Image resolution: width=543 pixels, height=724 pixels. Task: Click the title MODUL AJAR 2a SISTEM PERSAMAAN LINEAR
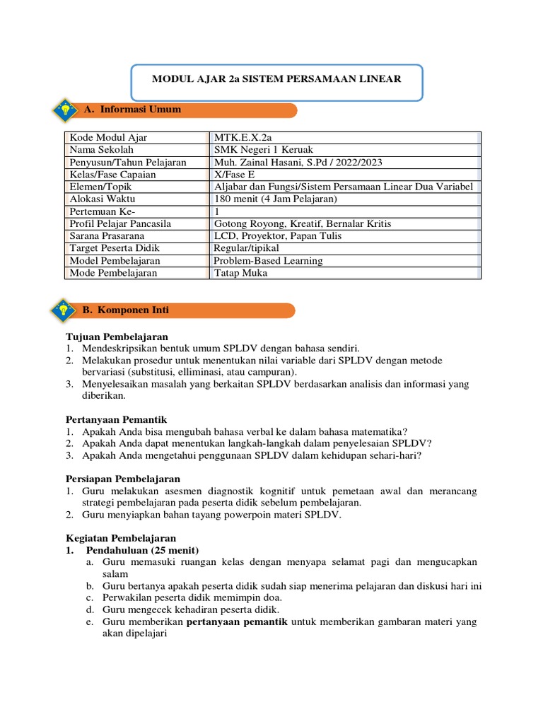(276, 79)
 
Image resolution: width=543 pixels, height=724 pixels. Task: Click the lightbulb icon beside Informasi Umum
(65, 110)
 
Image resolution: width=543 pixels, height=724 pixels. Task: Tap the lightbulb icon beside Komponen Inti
(64, 310)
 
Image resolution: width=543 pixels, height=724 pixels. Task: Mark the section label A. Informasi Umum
(132, 110)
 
